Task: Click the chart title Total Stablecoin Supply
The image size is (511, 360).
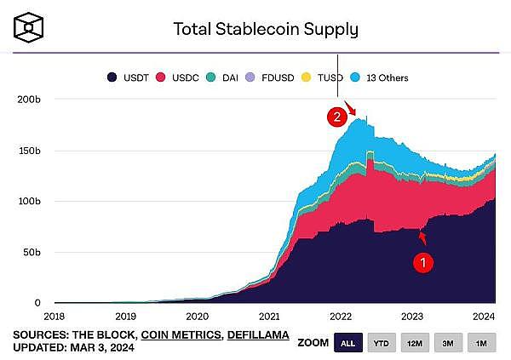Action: click(266, 29)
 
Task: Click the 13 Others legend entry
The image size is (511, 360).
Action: click(378, 77)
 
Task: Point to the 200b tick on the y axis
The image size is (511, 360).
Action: click(29, 100)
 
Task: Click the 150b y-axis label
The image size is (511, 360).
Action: click(29, 151)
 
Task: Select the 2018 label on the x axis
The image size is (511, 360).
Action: click(54, 314)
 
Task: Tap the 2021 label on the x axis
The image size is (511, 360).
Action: click(269, 314)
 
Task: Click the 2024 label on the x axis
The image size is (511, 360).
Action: click(484, 314)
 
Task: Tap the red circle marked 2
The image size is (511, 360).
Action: click(338, 118)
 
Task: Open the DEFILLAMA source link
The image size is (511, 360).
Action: click(256, 334)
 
